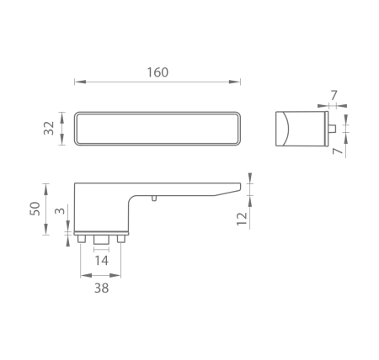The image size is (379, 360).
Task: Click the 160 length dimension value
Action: click(157, 72)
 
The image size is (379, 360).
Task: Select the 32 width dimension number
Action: click(49, 128)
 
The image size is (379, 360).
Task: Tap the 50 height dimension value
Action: click(35, 209)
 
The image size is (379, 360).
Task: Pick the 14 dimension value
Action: click(100, 262)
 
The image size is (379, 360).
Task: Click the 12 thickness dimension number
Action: click(242, 219)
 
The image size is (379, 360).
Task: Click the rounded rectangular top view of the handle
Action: click(157, 128)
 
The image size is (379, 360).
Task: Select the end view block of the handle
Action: click(299, 128)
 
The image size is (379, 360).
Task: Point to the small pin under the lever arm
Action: click(153, 199)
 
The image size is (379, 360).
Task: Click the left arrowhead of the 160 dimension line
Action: click(77, 82)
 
